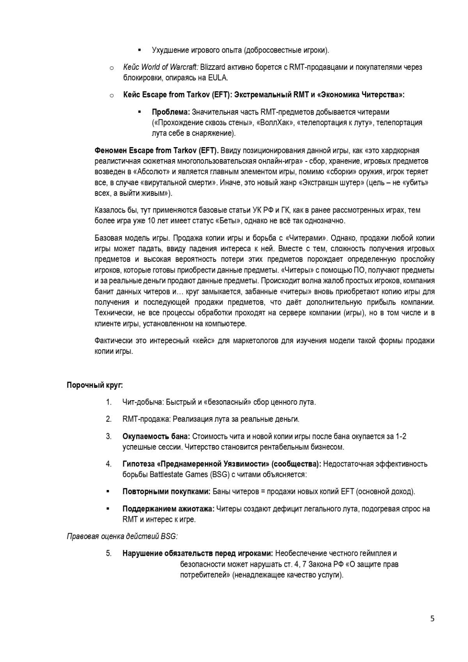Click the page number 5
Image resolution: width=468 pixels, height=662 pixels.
pyautogui.click(x=432, y=619)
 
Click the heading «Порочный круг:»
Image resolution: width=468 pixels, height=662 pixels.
pyautogui.click(x=95, y=385)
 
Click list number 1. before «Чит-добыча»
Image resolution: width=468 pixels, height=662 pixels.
pyautogui.click(x=109, y=402)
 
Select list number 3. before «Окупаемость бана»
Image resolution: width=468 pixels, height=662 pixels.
pyautogui.click(x=109, y=437)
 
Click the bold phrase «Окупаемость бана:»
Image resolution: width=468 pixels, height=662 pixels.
pyautogui.click(x=156, y=437)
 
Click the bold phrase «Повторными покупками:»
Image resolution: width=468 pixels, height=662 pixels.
pyautogui.click(x=167, y=492)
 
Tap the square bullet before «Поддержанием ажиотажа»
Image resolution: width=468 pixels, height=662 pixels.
pyautogui.click(x=108, y=509)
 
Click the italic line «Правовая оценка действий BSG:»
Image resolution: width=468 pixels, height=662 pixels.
pyautogui.click(x=122, y=536)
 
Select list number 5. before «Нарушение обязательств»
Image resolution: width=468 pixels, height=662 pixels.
pyautogui.click(x=109, y=554)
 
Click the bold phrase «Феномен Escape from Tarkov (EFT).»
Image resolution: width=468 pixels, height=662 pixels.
pyautogui.click(x=157, y=151)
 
